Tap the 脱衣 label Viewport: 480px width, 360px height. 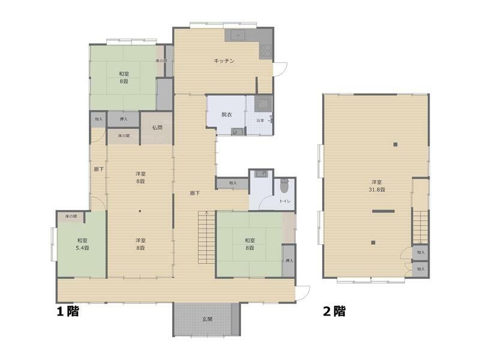(226, 115)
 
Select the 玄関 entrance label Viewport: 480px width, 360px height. (206, 319)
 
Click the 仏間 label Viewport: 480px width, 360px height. (157, 127)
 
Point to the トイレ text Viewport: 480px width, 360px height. (285, 201)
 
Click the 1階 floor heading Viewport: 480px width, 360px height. (68, 311)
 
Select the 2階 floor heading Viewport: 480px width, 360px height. (334, 311)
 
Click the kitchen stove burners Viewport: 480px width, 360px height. (266, 52)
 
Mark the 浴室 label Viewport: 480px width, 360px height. (261, 121)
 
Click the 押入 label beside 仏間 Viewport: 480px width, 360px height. (124, 119)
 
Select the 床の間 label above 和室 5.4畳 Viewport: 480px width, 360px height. (71, 216)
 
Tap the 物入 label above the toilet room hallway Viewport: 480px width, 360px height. (233, 183)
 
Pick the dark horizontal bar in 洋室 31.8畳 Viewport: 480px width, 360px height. (383, 211)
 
